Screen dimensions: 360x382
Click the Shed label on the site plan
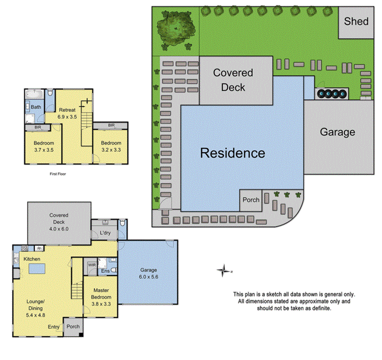pyautogui.click(x=356, y=21)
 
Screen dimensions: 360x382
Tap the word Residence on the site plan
pyautogui.click(x=233, y=153)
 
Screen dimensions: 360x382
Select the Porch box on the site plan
pyautogui.click(x=251, y=200)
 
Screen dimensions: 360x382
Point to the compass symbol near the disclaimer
pyautogui.click(x=223, y=270)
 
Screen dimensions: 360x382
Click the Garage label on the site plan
pyautogui.click(x=338, y=132)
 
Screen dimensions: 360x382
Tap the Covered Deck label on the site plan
pyautogui.click(x=233, y=80)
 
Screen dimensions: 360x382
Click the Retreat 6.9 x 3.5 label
pyautogui.click(x=67, y=113)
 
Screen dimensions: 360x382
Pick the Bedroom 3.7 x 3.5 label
pyautogui.click(x=44, y=147)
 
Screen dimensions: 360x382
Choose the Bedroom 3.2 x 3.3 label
pyautogui.click(x=111, y=147)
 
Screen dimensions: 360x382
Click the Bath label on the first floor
pyautogui.click(x=36, y=107)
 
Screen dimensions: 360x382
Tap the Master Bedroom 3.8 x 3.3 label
pyautogui.click(x=102, y=297)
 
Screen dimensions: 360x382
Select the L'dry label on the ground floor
pyautogui.click(x=105, y=233)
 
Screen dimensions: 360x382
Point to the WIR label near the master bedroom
pyautogui.click(x=91, y=265)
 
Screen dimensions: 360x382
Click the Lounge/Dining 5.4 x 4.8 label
pyautogui.click(x=35, y=307)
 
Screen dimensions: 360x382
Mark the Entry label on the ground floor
pyautogui.click(x=53, y=327)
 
